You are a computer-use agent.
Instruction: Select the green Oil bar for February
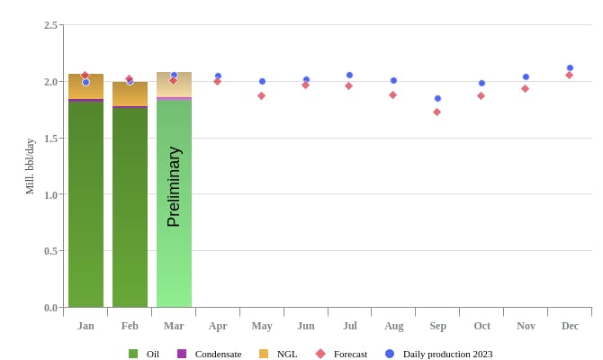(x=130, y=207)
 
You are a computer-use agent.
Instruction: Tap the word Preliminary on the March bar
(x=174, y=187)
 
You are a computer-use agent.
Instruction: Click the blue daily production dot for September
(x=437, y=98)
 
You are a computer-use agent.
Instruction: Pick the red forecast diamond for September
(x=436, y=112)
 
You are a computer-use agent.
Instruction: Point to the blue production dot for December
(x=570, y=67)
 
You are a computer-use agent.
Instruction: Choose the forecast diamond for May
(x=261, y=95)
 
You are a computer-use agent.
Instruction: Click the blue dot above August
(x=393, y=80)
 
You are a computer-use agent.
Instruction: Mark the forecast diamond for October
(x=481, y=95)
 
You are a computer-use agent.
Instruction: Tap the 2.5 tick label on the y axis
(x=50, y=25)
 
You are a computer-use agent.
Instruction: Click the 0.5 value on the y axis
(x=50, y=251)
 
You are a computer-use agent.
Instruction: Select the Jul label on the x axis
(x=349, y=326)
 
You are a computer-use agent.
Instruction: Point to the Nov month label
(x=526, y=326)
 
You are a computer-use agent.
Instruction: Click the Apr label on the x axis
(x=218, y=326)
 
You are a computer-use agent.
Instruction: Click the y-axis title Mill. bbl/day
(x=30, y=166)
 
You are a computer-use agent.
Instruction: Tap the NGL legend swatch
(x=264, y=354)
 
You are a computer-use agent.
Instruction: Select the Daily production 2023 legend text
(x=447, y=354)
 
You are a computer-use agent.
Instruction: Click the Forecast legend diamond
(x=320, y=354)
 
